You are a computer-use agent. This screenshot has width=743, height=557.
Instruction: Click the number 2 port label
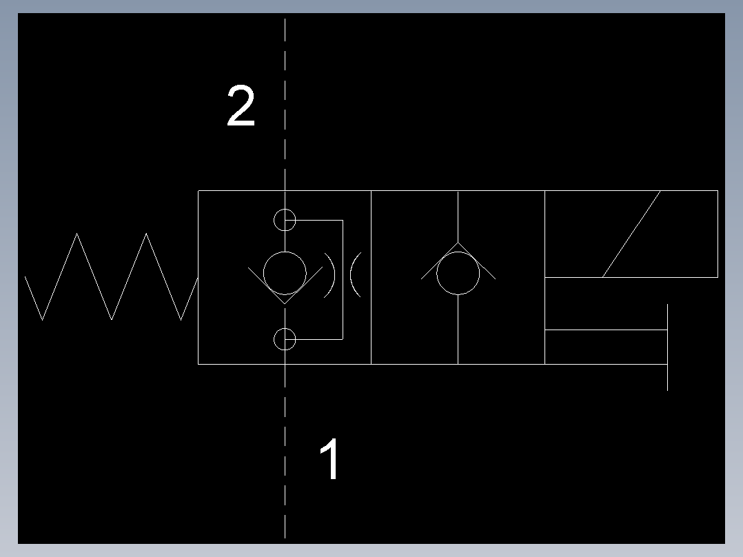click(x=241, y=105)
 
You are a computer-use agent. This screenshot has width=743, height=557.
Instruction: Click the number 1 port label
click(x=329, y=458)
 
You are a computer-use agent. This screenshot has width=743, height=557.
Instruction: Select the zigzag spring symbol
click(x=112, y=277)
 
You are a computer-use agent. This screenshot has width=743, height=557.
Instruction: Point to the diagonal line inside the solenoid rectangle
click(x=631, y=234)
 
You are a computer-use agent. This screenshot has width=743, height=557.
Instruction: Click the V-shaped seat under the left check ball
click(x=285, y=303)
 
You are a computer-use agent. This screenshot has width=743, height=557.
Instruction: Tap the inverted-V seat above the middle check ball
click(x=458, y=243)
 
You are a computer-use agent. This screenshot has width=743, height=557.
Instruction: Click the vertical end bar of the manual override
click(x=668, y=347)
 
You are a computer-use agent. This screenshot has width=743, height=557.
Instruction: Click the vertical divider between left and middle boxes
click(x=371, y=277)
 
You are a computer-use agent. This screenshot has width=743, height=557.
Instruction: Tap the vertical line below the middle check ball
click(x=458, y=330)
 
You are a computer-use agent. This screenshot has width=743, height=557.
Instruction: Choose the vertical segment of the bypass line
click(x=343, y=280)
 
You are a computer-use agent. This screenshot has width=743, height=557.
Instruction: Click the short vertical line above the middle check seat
click(x=458, y=216)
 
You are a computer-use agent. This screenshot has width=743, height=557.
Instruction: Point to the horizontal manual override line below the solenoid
click(x=606, y=330)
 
